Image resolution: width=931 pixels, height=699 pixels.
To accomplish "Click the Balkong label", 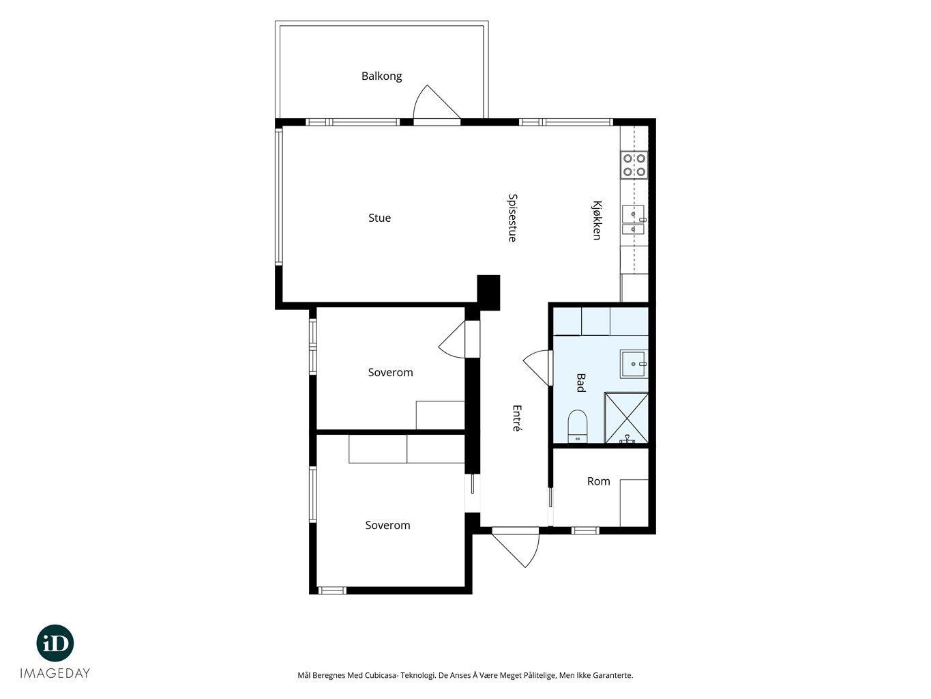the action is (x=381, y=76).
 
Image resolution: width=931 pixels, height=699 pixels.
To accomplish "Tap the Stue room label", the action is (x=379, y=218).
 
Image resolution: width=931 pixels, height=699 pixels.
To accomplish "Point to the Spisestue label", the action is (x=512, y=218).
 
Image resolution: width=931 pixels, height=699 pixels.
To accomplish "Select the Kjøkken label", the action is (x=597, y=220).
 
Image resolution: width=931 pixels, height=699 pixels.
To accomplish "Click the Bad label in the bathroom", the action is (x=580, y=382).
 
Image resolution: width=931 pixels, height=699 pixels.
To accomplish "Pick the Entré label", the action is (x=516, y=418).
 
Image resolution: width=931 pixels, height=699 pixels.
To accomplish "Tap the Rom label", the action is (x=598, y=481).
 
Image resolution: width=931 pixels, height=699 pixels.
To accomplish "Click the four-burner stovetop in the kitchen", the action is (x=634, y=165).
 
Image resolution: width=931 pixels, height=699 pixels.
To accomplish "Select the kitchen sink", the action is (x=634, y=220).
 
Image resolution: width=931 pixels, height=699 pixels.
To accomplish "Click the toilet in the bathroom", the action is (x=577, y=426).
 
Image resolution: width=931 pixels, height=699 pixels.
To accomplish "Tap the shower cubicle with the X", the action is (x=626, y=418).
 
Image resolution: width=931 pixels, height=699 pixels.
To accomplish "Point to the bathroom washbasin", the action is (x=634, y=364).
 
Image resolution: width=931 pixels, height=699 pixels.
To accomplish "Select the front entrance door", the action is (x=516, y=547).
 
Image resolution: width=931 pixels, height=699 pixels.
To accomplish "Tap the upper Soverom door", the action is (x=453, y=339).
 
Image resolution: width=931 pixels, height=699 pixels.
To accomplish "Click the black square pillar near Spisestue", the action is (x=488, y=292).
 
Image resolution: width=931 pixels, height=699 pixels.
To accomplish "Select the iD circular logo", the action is (x=55, y=643).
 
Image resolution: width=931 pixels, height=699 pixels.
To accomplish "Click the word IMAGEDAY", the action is (x=55, y=673).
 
